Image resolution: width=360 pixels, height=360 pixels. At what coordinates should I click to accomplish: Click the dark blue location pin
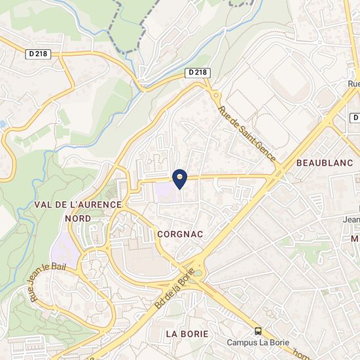(x=179, y=177)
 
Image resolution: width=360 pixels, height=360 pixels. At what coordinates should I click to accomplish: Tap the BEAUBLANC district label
(x=325, y=162)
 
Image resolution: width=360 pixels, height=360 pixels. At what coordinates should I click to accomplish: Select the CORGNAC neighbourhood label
(x=181, y=234)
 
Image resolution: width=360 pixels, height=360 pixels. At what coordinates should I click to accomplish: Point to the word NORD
(x=78, y=218)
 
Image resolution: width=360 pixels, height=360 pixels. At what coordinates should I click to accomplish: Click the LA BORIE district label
(x=187, y=333)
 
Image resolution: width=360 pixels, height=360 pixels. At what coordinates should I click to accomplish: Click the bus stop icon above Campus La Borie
(x=259, y=331)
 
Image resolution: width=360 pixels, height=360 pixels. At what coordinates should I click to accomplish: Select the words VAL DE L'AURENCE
(x=78, y=205)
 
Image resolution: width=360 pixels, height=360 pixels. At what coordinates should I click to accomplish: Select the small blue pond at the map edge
(x=3, y=124)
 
